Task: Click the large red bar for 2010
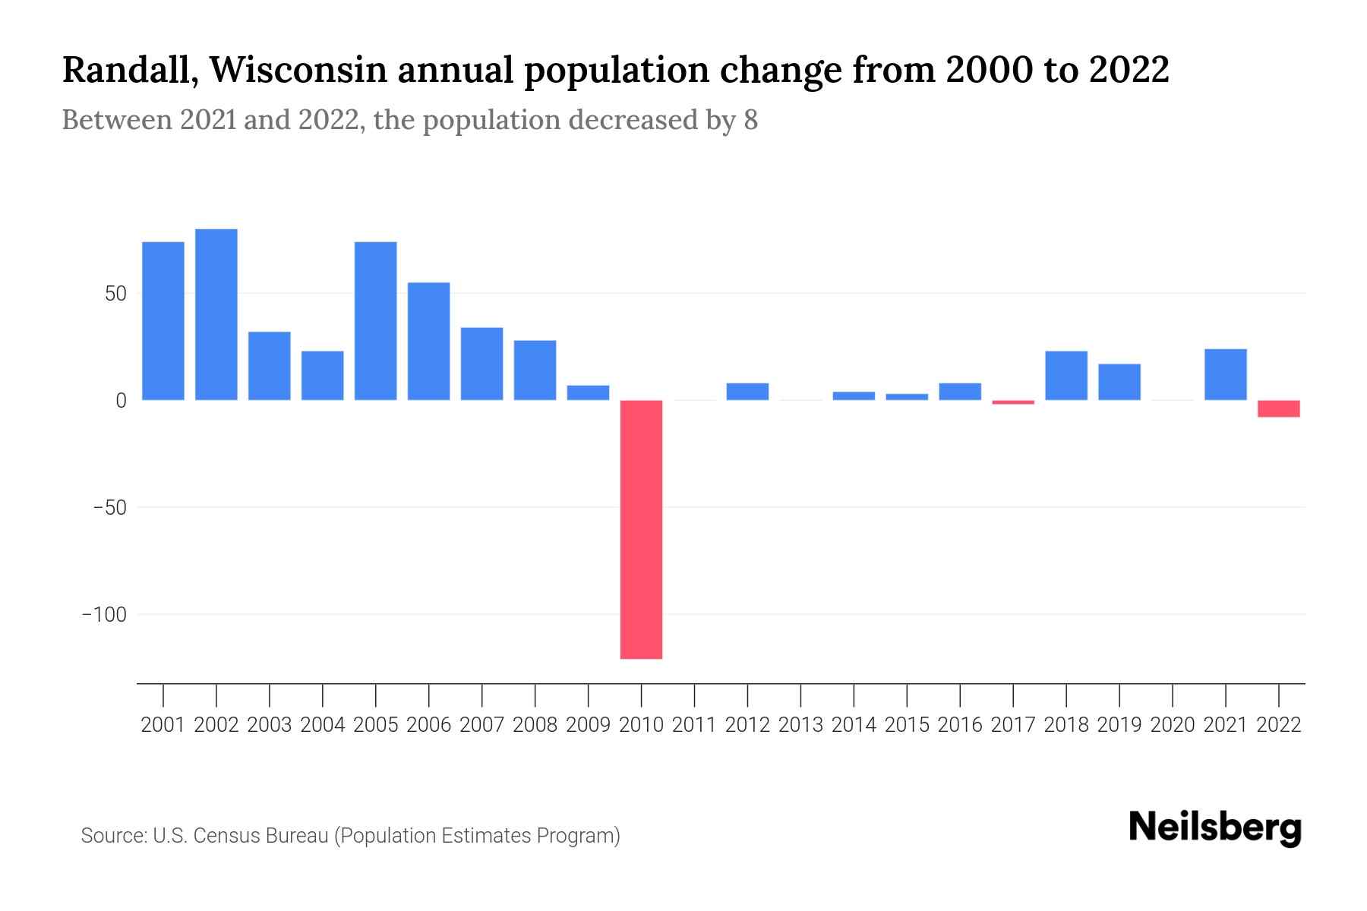click(x=641, y=529)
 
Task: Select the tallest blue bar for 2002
click(x=216, y=314)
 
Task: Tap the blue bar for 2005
click(x=375, y=320)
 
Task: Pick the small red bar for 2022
click(x=1278, y=408)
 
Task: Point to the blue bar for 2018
click(x=1066, y=375)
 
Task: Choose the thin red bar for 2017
click(x=1013, y=402)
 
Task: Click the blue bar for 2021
click(x=1225, y=374)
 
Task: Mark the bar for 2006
click(x=428, y=341)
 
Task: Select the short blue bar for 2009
click(x=588, y=392)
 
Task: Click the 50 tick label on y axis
click(x=115, y=294)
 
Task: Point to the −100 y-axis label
click(x=104, y=614)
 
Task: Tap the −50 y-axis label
click(x=109, y=507)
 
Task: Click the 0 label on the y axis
click(x=121, y=401)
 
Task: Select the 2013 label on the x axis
click(x=800, y=725)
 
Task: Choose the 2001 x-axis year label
click(x=163, y=725)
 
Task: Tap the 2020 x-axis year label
click(x=1172, y=725)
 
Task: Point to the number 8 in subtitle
click(x=750, y=120)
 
